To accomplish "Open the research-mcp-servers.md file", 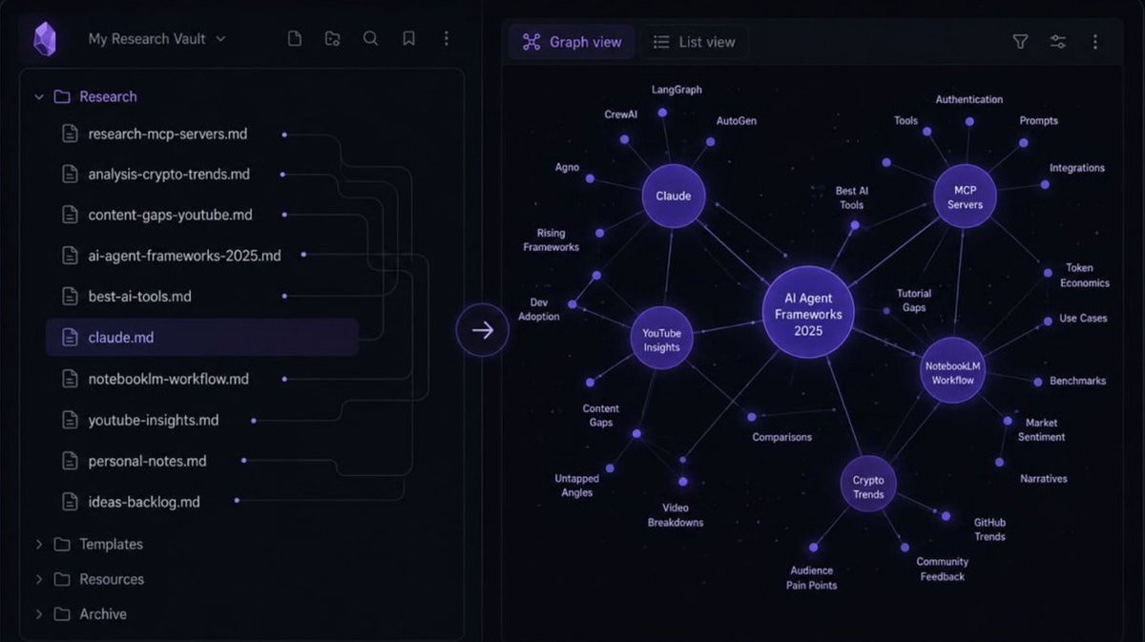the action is click(168, 134).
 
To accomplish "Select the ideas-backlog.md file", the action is click(144, 502).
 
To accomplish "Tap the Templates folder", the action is click(111, 545).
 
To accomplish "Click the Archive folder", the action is click(103, 614).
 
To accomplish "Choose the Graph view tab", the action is click(572, 42).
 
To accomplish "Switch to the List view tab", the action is click(695, 42).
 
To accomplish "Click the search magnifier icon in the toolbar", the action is click(370, 39).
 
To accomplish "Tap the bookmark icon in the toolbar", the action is click(408, 39).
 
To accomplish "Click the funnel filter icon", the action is click(1020, 42).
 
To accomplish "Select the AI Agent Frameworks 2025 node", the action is click(808, 313).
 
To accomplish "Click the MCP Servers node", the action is click(965, 197).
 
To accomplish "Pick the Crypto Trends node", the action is click(868, 485).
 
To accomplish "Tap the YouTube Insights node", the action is click(661, 339).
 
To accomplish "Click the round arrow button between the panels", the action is click(483, 330).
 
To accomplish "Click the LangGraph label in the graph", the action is click(677, 90).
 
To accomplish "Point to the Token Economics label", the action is click(1084, 275).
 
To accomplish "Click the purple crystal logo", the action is click(45, 39).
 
